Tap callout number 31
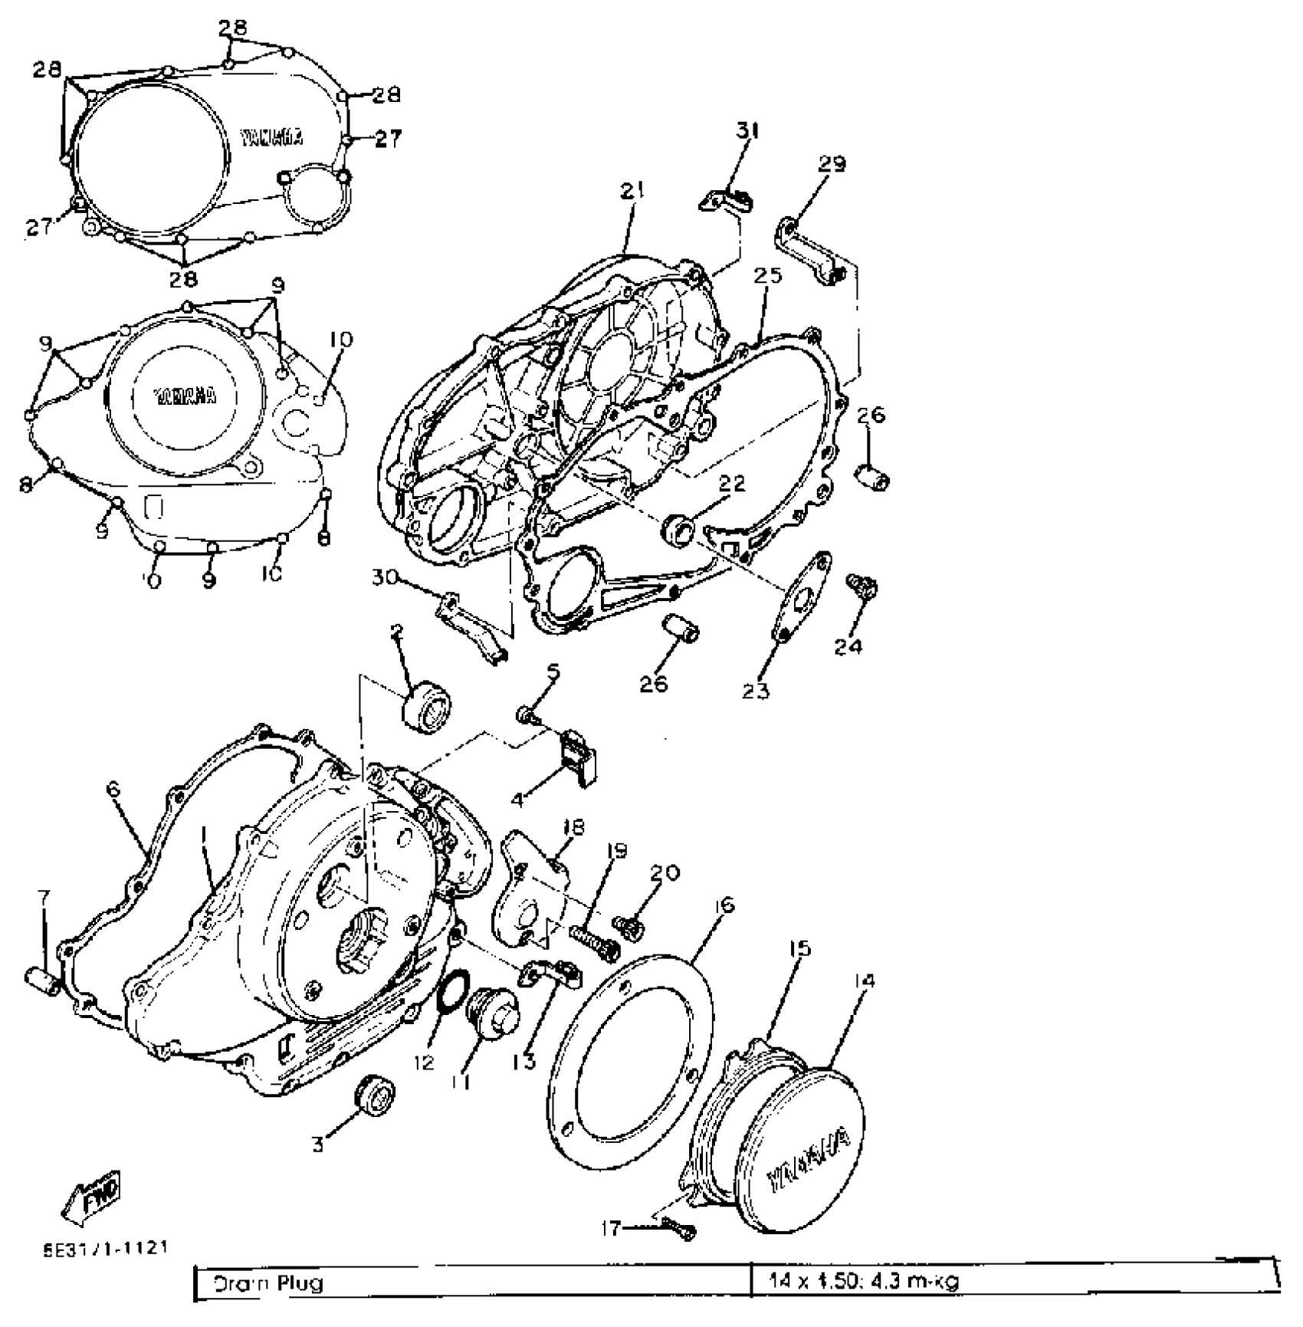click(747, 131)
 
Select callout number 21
click(633, 191)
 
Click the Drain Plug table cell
click(471, 1283)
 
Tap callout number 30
click(384, 576)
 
